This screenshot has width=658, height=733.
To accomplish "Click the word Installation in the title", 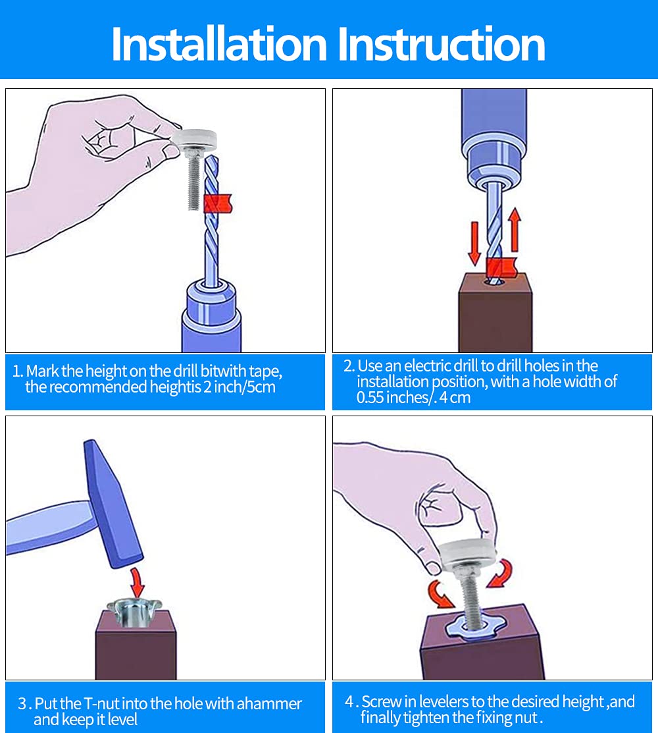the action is pos(219,44).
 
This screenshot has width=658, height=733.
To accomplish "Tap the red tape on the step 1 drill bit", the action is pos(218,204).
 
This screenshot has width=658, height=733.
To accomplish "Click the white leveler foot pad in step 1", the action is pos(194,139).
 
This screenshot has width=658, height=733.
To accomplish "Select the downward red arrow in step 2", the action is pos(474,244).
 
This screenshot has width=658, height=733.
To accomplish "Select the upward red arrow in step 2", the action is pos(515,230).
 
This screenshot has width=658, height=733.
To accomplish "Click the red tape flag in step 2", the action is pos(501,267).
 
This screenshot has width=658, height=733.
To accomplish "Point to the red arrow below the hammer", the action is pos(137,583).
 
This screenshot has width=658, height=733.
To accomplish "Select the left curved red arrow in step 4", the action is pos(440,593).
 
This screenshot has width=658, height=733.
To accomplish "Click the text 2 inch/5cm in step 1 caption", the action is pos(239,387).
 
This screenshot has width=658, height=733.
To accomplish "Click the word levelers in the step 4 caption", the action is pos(444,701).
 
